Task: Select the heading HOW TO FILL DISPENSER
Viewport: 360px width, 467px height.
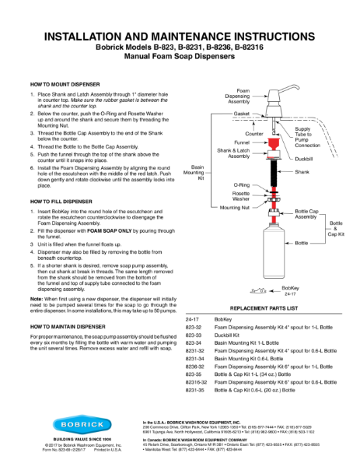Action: (x=60, y=202)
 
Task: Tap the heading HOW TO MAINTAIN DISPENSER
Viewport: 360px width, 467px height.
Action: (x=67, y=326)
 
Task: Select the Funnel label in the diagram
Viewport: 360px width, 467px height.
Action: (x=241, y=142)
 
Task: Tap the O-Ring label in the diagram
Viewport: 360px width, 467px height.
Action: (x=242, y=185)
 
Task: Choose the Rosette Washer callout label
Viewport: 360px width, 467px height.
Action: (x=240, y=196)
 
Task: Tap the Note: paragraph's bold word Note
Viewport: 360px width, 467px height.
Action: (x=36, y=299)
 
